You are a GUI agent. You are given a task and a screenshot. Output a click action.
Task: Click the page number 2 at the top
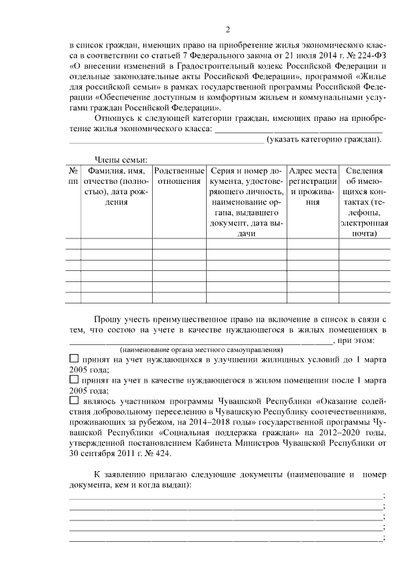pos(227,29)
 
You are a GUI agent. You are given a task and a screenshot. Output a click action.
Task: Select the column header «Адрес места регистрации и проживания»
pos(313,186)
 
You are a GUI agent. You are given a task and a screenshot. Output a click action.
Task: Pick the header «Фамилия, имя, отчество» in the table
pos(116,186)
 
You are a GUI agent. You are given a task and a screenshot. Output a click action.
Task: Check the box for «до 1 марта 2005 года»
pos(73,359)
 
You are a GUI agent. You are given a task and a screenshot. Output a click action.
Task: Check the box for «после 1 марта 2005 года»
pos(73,379)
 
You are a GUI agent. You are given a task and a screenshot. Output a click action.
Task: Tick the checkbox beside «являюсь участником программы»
pos(73,401)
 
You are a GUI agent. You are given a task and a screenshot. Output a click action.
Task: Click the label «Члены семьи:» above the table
pos(121,160)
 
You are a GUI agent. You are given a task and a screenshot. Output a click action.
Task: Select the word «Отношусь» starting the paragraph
pos(116,119)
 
